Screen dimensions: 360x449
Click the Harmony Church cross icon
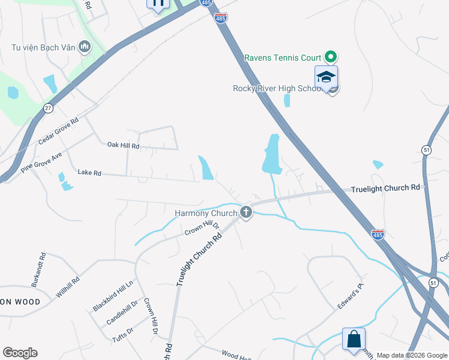pyautogui.click(x=246, y=212)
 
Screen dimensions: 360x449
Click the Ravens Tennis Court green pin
pyautogui.click(x=330, y=58)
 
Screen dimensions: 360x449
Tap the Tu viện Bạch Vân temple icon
pyautogui.click(x=84, y=46)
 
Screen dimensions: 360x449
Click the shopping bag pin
pyautogui.click(x=354, y=338)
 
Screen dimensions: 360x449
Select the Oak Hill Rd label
pyautogui.click(x=123, y=146)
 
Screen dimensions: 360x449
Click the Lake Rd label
pyautogui.click(x=89, y=173)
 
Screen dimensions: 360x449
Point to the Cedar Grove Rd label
pyautogui.click(x=59, y=130)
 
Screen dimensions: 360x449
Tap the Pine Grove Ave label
pyautogui.click(x=41, y=162)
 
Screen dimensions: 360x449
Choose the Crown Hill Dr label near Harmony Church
pyautogui.click(x=202, y=227)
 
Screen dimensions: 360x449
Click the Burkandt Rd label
pyautogui.click(x=37, y=270)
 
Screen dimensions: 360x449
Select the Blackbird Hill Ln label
pyautogui.click(x=113, y=296)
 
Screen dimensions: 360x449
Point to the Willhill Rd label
pyautogui.click(x=68, y=288)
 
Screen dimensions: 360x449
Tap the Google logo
pyautogui.click(x=20, y=353)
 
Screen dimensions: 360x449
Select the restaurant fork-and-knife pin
pyautogui.click(x=158, y=4)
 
